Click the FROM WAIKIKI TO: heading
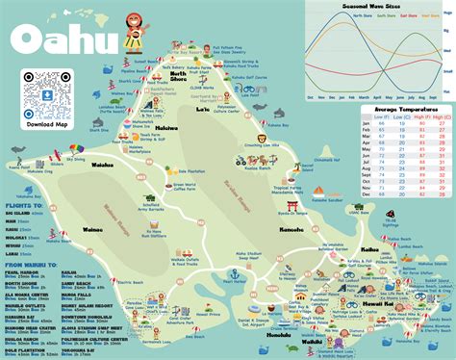tap(33, 263)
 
